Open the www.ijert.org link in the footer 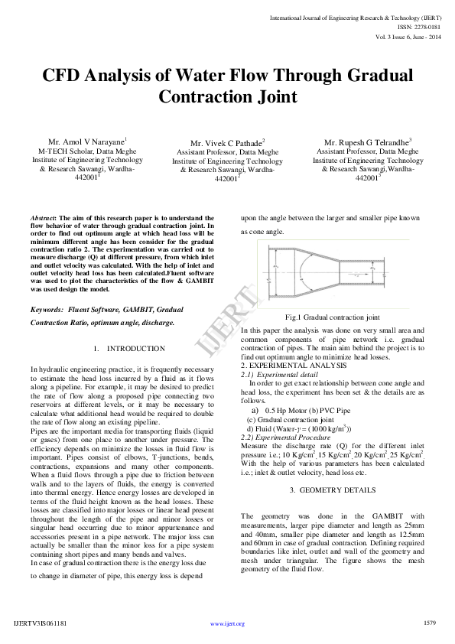pyautogui.click(x=227, y=623)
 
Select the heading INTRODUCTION pyautogui.click(x=129, y=349)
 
